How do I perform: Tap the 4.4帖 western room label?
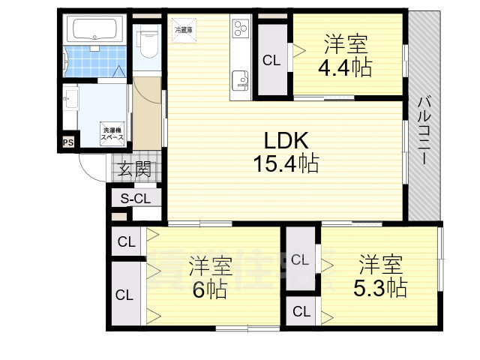click(x=345, y=55)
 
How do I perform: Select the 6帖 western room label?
click(x=210, y=277)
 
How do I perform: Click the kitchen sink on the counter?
click(x=240, y=79)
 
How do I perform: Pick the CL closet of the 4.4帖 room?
click(x=271, y=61)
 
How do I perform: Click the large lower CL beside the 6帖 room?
click(x=124, y=295)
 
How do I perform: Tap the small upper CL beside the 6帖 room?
click(x=125, y=241)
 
